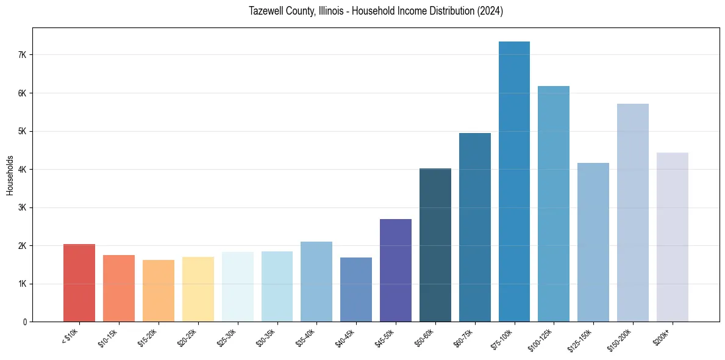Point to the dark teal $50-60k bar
point(435,245)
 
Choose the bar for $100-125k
point(554,204)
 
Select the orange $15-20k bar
point(158,290)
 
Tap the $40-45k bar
point(355,289)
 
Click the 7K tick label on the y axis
point(23,55)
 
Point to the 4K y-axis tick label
point(23,170)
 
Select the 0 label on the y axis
point(24,322)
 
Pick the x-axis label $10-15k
point(109,337)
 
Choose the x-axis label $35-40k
point(306,337)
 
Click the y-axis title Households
point(10,175)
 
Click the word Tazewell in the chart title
point(265,11)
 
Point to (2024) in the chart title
point(490,11)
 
